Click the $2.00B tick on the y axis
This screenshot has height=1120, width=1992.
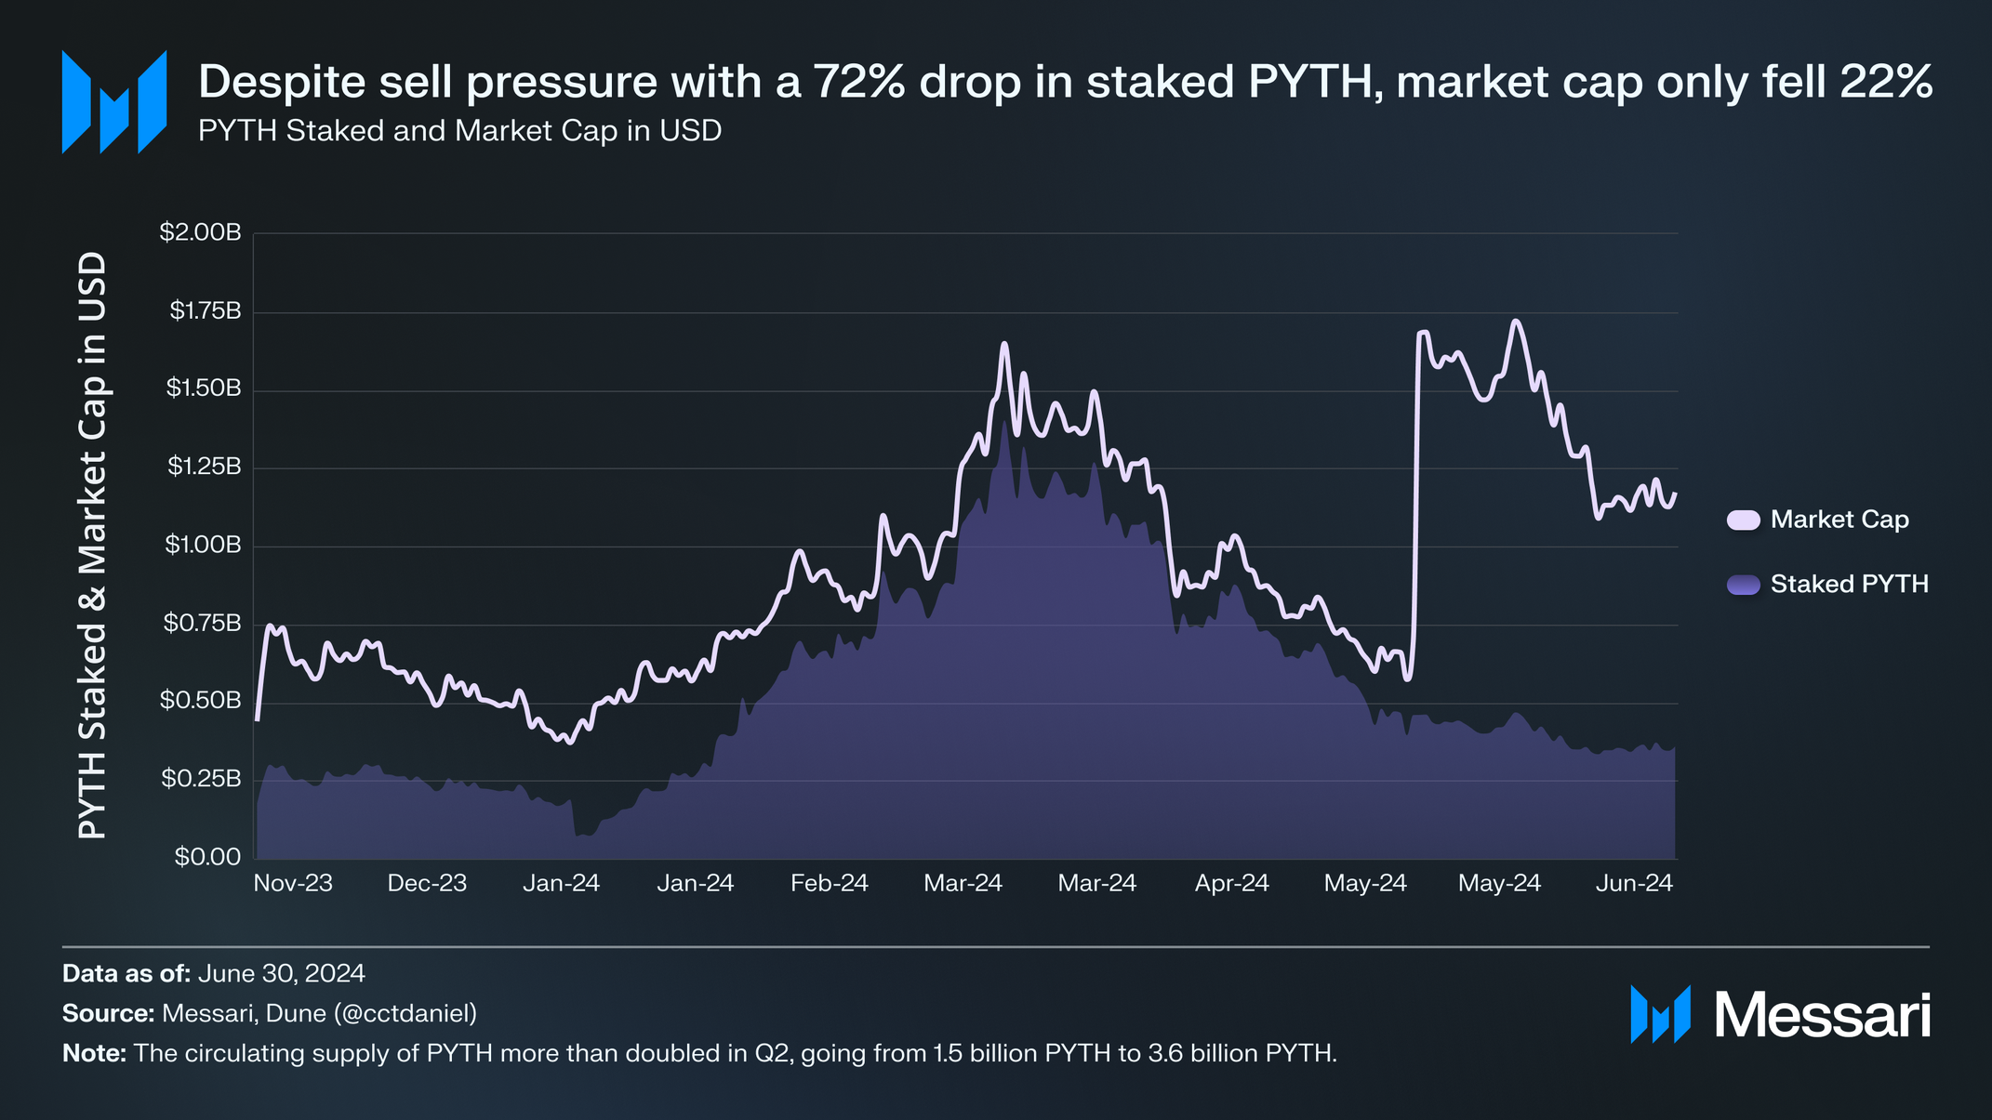tap(200, 232)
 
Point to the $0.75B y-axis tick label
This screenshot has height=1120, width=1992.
tap(202, 623)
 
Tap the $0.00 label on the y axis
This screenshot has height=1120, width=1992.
tap(207, 857)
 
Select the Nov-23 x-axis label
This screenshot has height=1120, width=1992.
tap(293, 883)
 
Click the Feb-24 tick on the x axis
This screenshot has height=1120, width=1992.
tap(829, 883)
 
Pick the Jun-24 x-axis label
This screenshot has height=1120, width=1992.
tap(1634, 883)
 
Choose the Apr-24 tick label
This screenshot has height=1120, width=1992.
tap(1231, 883)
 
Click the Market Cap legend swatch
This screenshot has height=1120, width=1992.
tap(1743, 520)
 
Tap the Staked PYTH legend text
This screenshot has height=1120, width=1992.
tap(1849, 584)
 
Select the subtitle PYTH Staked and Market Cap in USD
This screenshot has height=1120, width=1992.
tap(459, 131)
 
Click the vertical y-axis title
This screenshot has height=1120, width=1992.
tap(91, 546)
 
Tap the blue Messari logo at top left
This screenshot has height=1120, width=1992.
tap(114, 102)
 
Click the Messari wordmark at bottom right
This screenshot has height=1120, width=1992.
tap(1821, 1015)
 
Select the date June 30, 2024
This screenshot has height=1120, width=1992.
tap(281, 973)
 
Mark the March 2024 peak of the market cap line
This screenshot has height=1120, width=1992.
tap(1004, 344)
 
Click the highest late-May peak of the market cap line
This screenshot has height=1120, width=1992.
tap(1516, 322)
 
